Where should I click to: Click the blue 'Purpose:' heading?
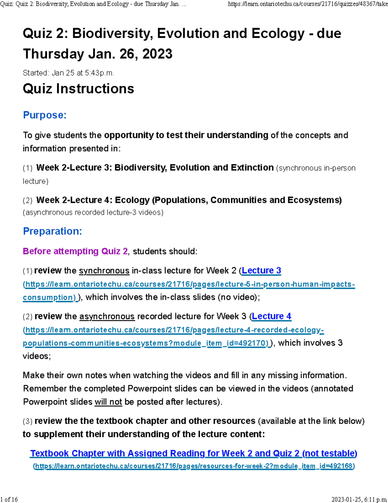45,115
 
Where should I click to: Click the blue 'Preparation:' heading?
52,231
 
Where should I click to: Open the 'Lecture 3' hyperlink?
261,270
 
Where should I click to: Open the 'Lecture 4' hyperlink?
272,316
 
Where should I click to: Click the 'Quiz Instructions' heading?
78,89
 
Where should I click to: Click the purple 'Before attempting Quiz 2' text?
75,251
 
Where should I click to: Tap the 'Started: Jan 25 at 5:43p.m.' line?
68,73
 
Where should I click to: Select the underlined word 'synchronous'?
104,271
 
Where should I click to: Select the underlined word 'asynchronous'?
107,316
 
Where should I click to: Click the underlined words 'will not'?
108,402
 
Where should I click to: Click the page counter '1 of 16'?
9,499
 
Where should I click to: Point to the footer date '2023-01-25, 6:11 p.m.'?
359,499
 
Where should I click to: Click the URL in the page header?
307,4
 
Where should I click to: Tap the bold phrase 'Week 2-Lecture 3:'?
74,168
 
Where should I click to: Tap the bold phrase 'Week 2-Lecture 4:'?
74,200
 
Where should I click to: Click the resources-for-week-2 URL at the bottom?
194,466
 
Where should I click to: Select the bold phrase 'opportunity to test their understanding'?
186,135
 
